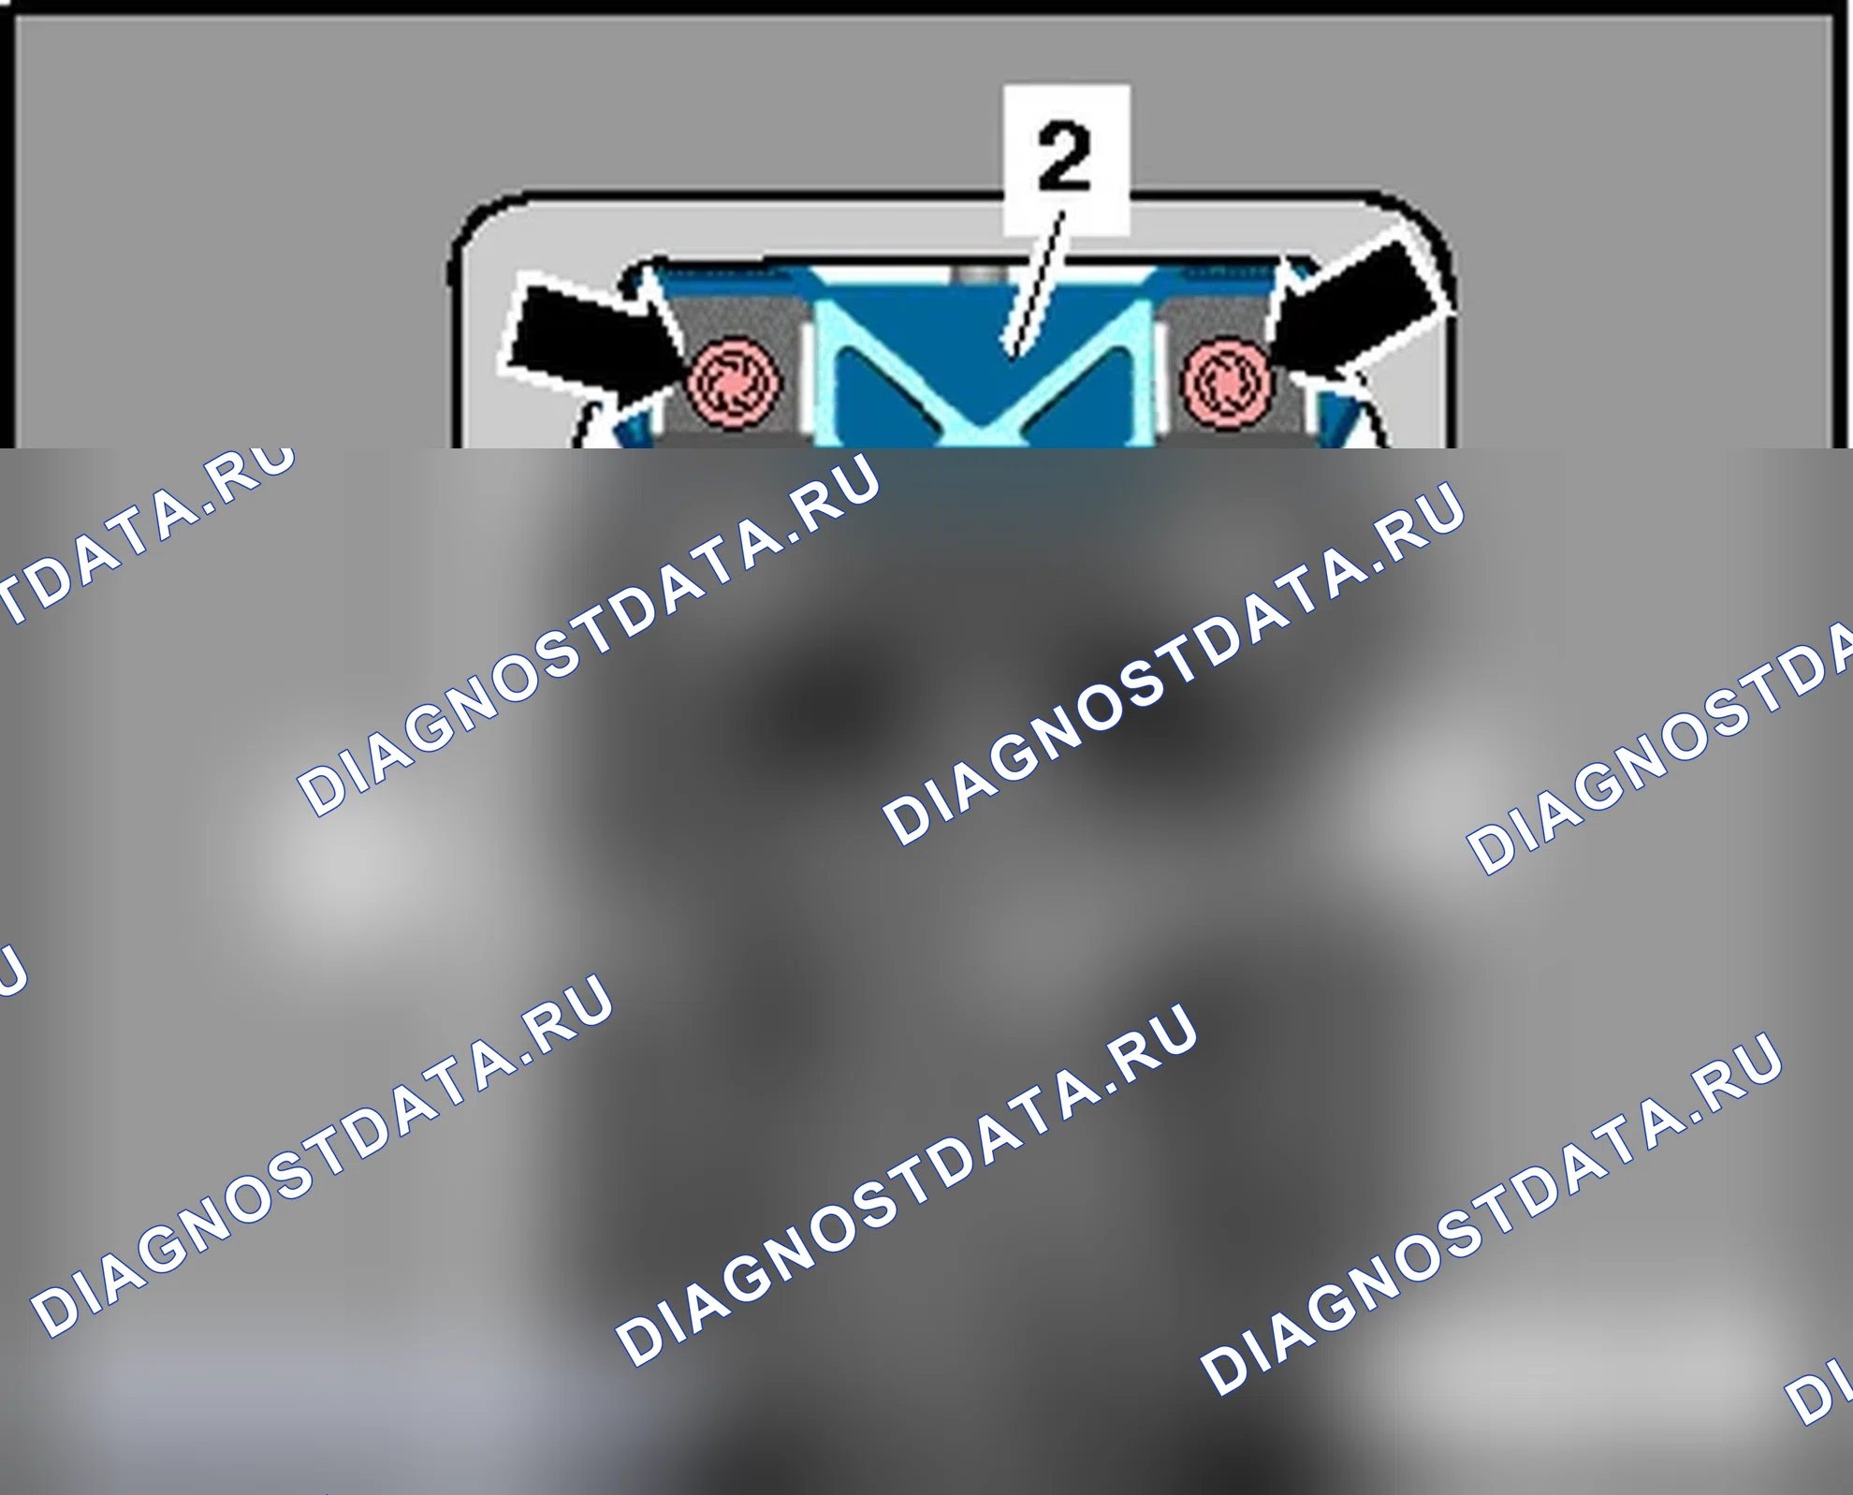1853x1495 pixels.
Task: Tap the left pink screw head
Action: click(735, 383)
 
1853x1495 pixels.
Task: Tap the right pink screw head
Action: click(1227, 383)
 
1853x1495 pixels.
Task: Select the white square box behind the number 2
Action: click(1066, 159)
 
